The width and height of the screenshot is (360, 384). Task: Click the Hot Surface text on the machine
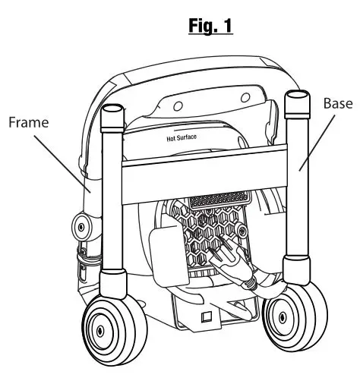pyautogui.click(x=182, y=139)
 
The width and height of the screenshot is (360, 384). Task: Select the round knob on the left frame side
pyautogui.click(x=81, y=227)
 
